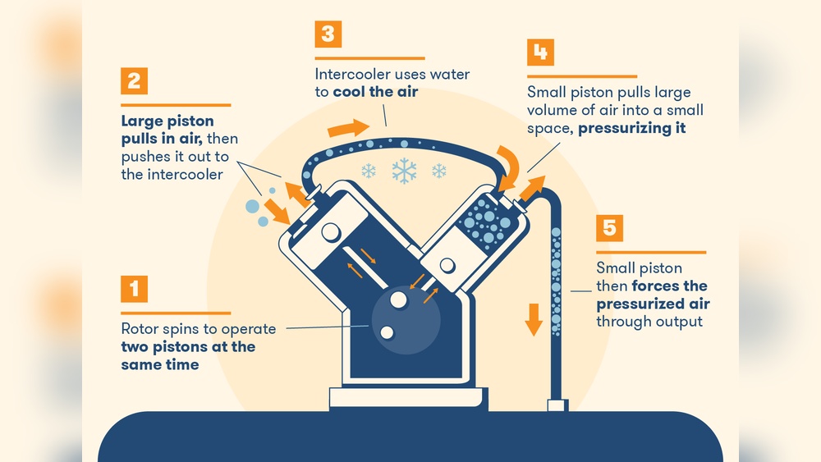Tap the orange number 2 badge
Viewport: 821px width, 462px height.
[x=134, y=81]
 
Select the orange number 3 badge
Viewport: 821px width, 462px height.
[x=328, y=34]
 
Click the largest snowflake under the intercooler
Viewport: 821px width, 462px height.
[x=403, y=171]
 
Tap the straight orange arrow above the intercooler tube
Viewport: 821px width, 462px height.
[x=348, y=128]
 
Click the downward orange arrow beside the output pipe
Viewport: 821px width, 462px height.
[x=534, y=318]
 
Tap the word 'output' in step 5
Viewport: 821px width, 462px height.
[x=677, y=321]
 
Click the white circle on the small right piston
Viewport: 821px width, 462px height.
[x=448, y=265]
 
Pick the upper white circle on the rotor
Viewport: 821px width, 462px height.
[x=398, y=300]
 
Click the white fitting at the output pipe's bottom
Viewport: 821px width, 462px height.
[x=557, y=405]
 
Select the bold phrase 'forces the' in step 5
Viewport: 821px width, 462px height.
[x=669, y=286]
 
